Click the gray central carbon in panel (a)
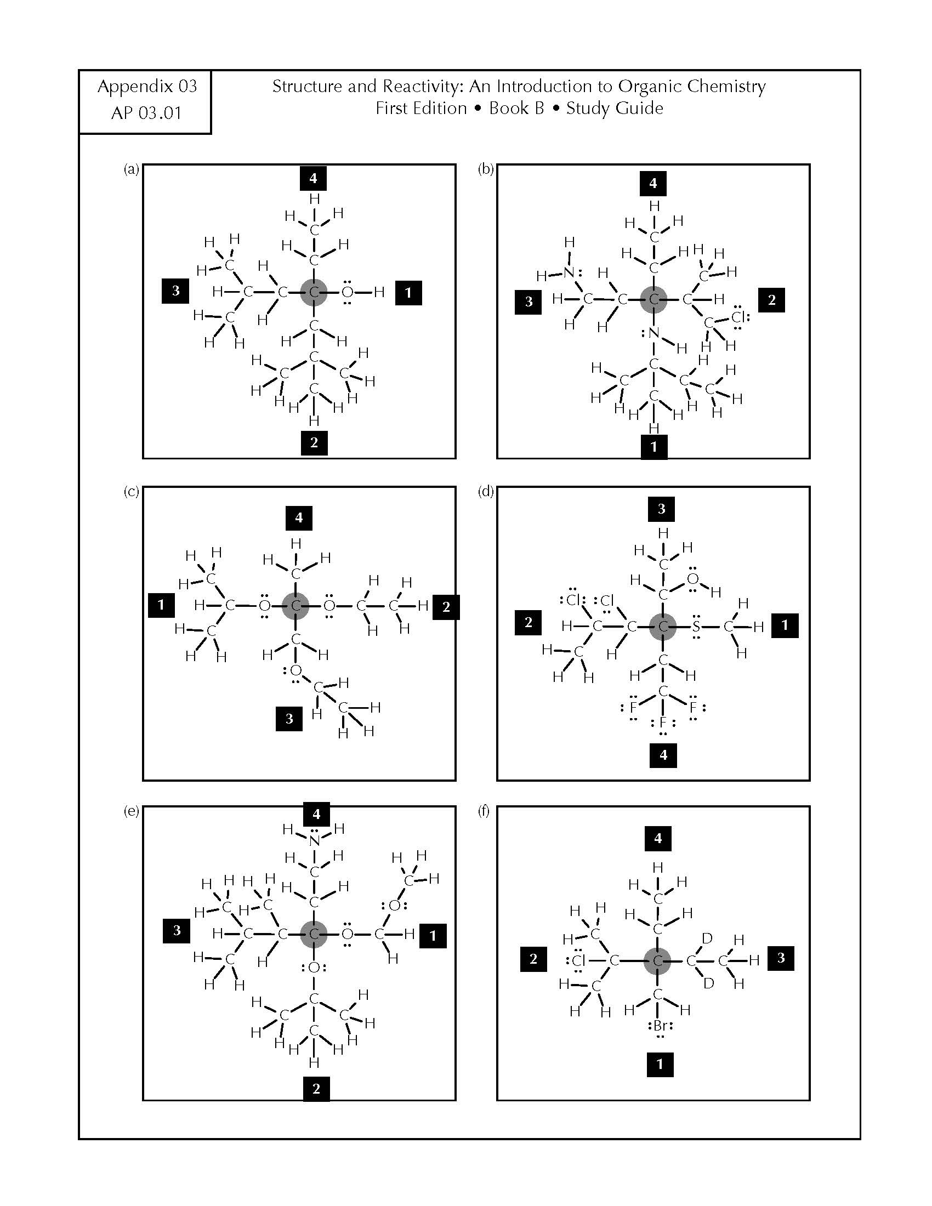314,292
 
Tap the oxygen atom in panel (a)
346,292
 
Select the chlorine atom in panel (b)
739,317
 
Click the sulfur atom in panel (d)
696,626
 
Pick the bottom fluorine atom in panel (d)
663,723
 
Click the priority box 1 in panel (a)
408,292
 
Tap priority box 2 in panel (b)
771,300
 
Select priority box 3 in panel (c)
289,719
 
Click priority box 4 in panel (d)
664,755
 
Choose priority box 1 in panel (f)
660,1064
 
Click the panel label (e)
131,812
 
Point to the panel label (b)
485,169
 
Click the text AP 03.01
146,112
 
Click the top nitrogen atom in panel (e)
314,840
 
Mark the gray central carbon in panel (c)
295,606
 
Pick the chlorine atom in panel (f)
578,960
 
